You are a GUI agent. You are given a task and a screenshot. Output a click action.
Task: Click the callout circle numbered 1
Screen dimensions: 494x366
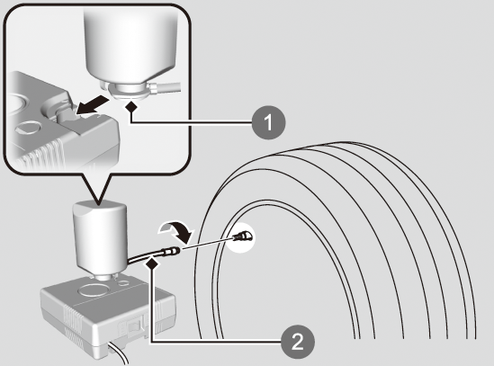(268, 122)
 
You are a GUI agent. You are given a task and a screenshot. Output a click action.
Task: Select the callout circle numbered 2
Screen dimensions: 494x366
(298, 342)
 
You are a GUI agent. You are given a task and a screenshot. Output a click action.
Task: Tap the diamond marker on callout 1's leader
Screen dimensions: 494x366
(131, 107)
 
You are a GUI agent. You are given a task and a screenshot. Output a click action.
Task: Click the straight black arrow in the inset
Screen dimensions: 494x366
(93, 104)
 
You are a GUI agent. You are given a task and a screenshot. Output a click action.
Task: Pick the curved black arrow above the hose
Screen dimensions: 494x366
(176, 231)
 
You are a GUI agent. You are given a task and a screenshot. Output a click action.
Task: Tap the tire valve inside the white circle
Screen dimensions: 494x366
(242, 236)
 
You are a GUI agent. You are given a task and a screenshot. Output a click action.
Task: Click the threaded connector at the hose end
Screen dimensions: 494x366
(171, 252)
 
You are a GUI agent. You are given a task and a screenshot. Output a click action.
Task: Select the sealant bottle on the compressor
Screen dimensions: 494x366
(100, 239)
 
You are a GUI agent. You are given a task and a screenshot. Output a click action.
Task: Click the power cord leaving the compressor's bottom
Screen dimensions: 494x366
(119, 354)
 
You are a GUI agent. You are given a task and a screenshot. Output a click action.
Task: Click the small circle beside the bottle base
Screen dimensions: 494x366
(124, 283)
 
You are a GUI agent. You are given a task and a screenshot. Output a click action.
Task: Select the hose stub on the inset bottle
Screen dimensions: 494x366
(166, 87)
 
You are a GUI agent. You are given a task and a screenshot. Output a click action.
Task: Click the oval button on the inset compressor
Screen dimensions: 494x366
(29, 128)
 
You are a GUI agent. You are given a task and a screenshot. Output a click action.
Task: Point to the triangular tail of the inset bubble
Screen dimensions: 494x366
(97, 188)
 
